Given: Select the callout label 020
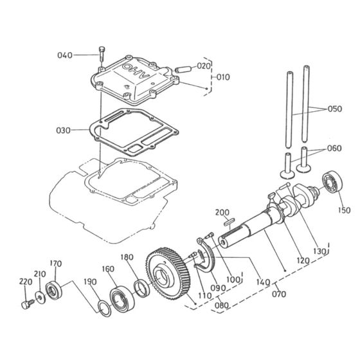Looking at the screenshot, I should [x=203, y=66].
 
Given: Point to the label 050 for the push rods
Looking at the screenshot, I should [x=335, y=109].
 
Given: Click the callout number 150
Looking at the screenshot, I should [x=345, y=210].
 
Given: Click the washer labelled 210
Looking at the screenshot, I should [x=40, y=296].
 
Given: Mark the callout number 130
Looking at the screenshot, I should [x=318, y=251].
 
